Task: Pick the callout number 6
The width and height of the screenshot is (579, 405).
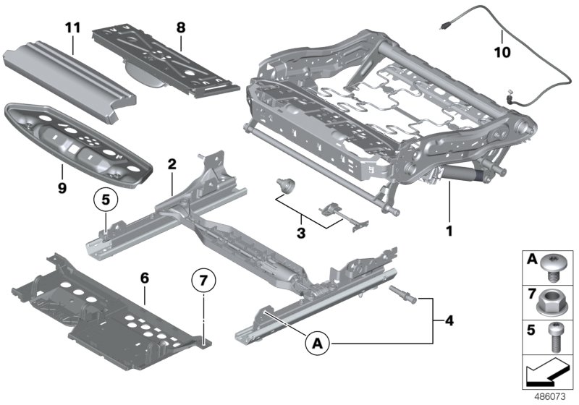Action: click(144, 277)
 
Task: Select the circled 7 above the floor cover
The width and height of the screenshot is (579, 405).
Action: click(204, 280)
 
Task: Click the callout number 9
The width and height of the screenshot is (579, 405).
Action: click(62, 169)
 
